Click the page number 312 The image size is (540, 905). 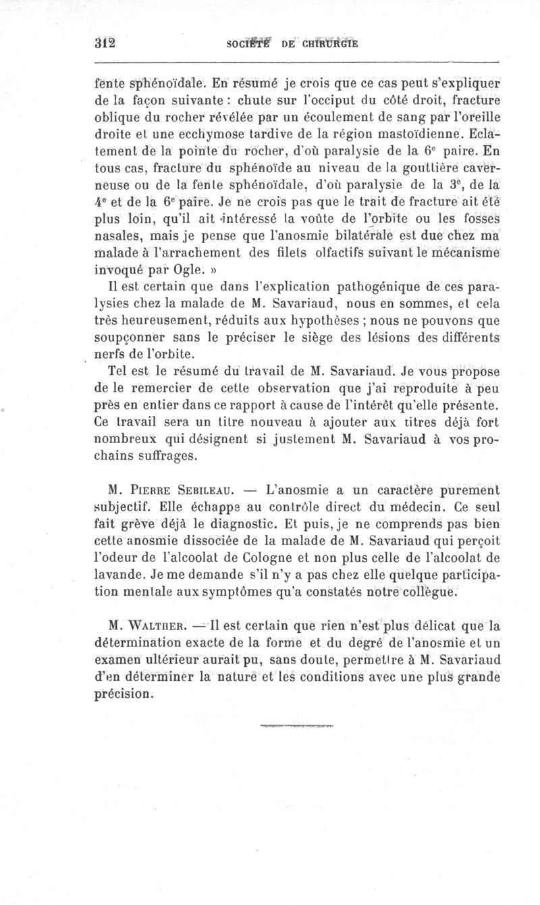(105, 45)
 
